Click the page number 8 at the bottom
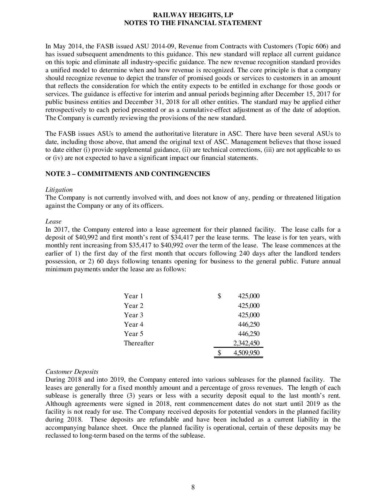click(x=193, y=487)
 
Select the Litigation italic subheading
click(x=59, y=190)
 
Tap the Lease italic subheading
click(x=53, y=221)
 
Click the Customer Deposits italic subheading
click(x=72, y=371)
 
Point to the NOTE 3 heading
click(x=127, y=174)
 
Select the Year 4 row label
click(x=134, y=325)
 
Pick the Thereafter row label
click(x=139, y=343)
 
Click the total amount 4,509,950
click(x=246, y=353)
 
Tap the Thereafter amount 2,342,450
click(x=246, y=343)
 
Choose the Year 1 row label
click(x=133, y=296)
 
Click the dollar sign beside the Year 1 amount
click(x=219, y=296)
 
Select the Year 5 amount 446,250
click(x=249, y=334)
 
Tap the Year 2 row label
click(x=134, y=306)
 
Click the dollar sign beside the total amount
click(x=219, y=353)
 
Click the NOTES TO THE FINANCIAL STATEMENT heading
click(x=193, y=23)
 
